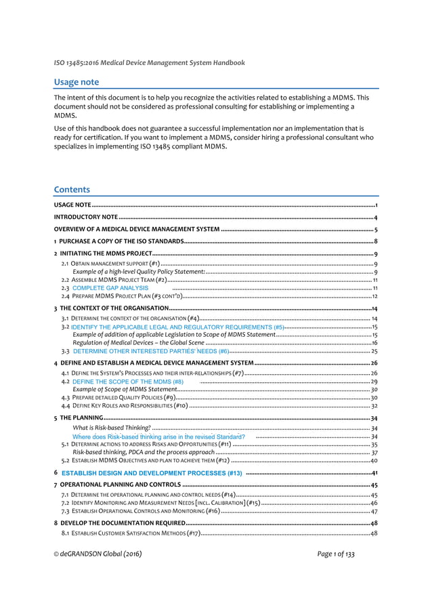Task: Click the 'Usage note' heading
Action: click(x=77, y=82)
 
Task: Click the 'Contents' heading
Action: click(x=72, y=189)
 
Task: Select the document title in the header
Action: click(x=150, y=63)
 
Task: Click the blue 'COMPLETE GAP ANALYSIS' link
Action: click(x=110, y=288)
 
